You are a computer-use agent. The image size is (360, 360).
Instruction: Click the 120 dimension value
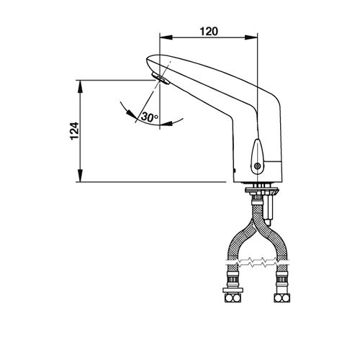(209, 32)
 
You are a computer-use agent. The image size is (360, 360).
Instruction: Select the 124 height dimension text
(74, 131)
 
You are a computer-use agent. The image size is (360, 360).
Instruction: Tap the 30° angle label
(149, 117)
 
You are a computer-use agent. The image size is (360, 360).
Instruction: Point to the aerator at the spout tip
(161, 78)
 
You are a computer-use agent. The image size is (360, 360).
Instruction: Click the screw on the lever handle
(258, 166)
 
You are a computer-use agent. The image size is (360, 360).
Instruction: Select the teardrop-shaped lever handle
(257, 156)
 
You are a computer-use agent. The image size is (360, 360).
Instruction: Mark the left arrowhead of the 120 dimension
(166, 37)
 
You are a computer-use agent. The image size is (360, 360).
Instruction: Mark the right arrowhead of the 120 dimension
(251, 37)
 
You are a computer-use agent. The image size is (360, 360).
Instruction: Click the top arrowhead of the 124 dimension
(81, 86)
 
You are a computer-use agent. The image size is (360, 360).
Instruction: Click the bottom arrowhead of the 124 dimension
(81, 176)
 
